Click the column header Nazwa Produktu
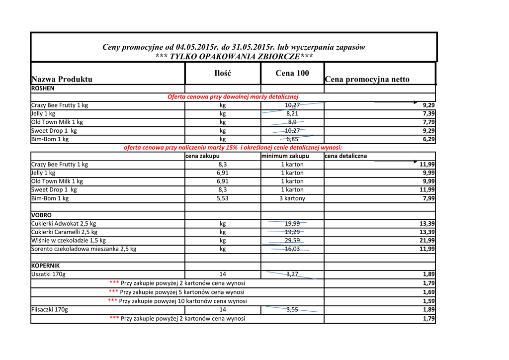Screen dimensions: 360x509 coord(62,79)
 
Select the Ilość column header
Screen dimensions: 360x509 coord(223,73)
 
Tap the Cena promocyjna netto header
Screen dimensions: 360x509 coord(367,79)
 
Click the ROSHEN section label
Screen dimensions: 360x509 coord(43,89)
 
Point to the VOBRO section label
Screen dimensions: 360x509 coord(41,215)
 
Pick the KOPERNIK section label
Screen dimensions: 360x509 coord(45,266)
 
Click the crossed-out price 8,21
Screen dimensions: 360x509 coord(292,114)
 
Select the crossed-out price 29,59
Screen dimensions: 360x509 coord(292,241)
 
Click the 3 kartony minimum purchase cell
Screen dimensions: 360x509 coord(292,198)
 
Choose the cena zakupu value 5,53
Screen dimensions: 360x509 coord(223,198)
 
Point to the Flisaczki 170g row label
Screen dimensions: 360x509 coord(50,310)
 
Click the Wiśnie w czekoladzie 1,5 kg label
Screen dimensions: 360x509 coord(69,241)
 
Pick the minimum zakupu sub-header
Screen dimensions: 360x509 coord(285,156)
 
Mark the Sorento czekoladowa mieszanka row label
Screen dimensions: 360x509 coord(84,249)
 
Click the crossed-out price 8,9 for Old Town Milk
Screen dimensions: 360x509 coord(292,122)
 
